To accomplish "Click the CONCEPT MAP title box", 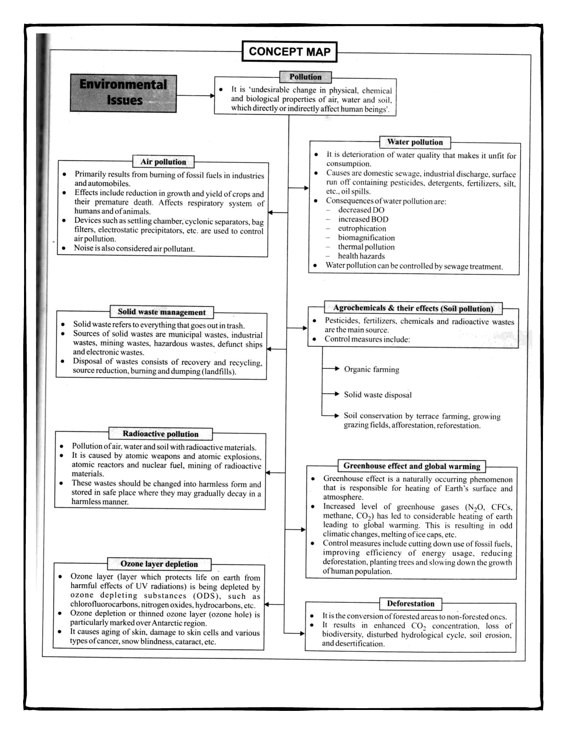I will (290, 52).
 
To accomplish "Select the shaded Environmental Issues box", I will (123, 93).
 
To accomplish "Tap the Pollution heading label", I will (305, 77).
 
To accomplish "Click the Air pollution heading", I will (163, 162).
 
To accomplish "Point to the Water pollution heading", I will (414, 142).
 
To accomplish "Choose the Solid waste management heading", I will (161, 312).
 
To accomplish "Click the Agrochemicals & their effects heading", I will (413, 308).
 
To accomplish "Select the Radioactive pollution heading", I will (161, 434).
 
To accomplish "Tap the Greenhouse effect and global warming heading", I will (411, 466).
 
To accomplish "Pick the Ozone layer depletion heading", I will (159, 564).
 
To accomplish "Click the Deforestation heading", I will (410, 604).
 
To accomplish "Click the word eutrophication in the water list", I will (362, 229).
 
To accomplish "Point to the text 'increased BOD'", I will (363, 219).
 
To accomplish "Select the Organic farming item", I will (371, 369).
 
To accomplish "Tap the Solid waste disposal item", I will (378, 395).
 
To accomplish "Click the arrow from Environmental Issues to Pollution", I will (196, 95).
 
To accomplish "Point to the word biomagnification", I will (366, 238).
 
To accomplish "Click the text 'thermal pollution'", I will (366, 247).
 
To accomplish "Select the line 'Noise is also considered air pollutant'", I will (134, 249).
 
